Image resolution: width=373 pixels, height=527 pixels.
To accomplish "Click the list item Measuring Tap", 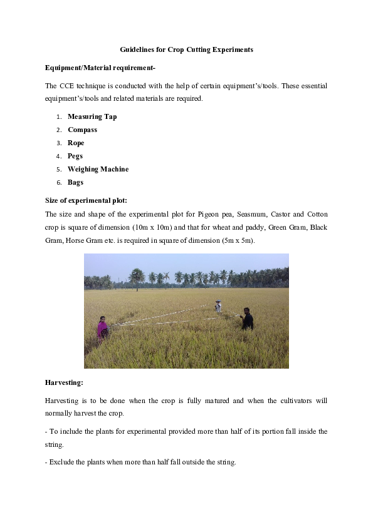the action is tap(92, 116).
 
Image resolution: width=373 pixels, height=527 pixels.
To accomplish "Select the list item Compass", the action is tap(82, 130).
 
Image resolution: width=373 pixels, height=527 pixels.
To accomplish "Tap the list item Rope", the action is tap(76, 143).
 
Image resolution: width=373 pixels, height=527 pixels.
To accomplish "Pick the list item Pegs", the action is tap(75, 156).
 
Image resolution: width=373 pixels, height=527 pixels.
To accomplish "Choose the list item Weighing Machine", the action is tap(98, 169).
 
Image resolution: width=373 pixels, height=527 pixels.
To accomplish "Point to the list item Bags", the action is tap(75, 182).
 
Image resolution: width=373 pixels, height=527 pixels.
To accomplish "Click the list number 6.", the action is tap(58, 183).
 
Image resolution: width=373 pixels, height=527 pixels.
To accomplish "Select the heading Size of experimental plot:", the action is tap(86, 200).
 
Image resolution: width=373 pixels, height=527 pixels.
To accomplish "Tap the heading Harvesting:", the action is tap(65, 381).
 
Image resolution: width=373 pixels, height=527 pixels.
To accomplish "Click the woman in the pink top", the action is tap(102, 327).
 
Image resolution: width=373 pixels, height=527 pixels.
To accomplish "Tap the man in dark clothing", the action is tap(248, 319).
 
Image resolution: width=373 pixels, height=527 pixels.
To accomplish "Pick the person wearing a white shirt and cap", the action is tap(218, 306).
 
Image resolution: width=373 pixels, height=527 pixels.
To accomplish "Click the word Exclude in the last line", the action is tap(64, 462).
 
